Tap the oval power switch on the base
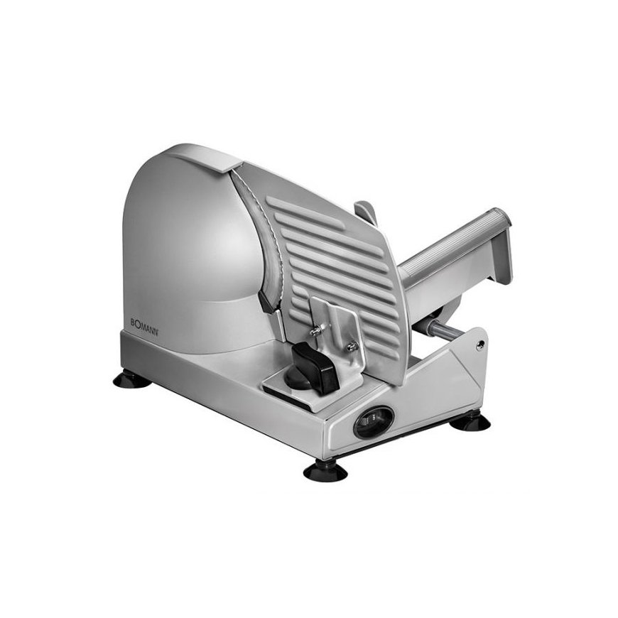[x=374, y=422]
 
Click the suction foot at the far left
[x=131, y=379]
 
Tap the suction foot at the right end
[x=470, y=422]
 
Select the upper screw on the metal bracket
[x=315, y=331]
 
